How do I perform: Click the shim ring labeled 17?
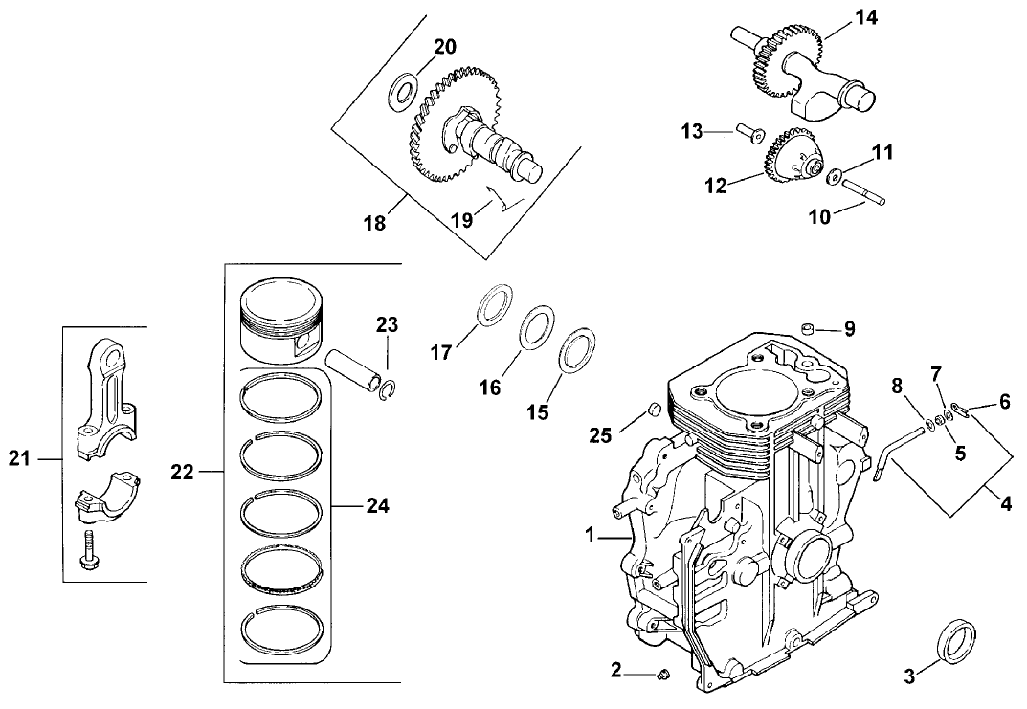click(x=492, y=306)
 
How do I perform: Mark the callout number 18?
click(x=374, y=223)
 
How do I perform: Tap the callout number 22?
click(x=183, y=472)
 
